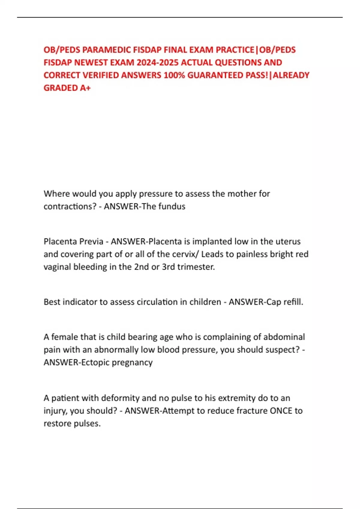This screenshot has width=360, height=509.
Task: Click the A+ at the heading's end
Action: click(85, 88)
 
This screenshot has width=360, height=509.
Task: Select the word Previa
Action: click(90, 242)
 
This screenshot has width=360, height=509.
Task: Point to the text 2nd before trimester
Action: click(141, 267)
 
